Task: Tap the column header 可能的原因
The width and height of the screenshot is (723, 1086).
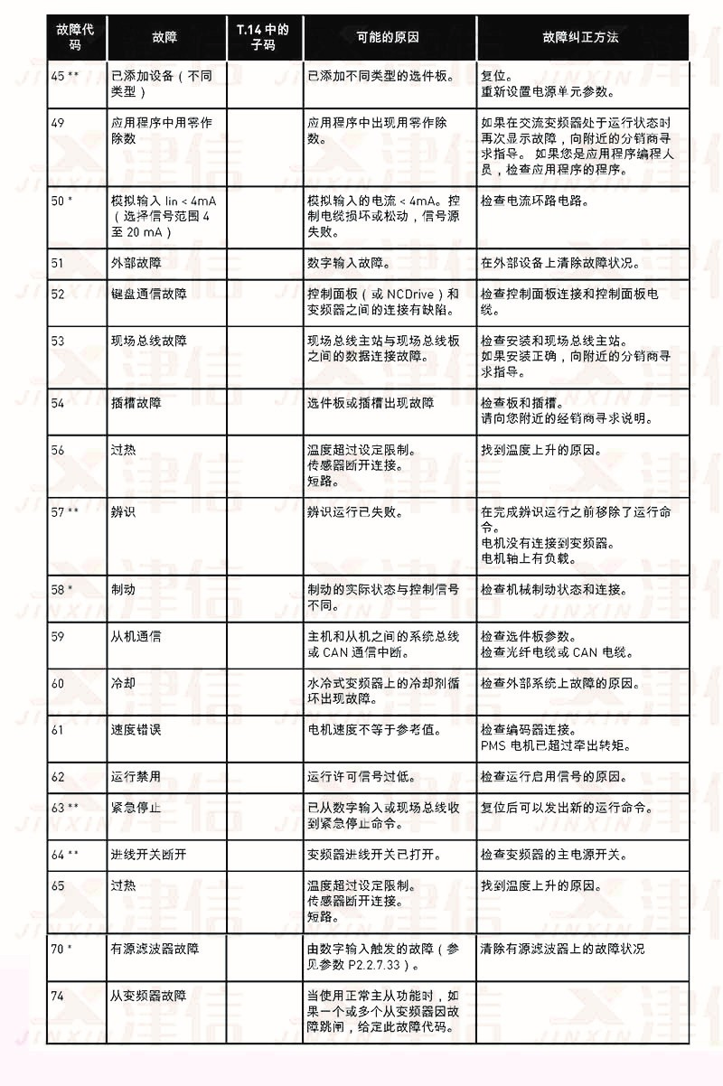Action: click(x=388, y=37)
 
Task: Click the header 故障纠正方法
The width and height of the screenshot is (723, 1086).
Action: click(x=580, y=37)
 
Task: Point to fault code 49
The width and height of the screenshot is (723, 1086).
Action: click(x=58, y=123)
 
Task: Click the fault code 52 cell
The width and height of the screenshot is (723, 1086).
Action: click(x=58, y=294)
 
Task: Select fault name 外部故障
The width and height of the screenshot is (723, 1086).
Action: click(x=136, y=263)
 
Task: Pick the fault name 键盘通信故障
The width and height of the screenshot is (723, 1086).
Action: click(x=149, y=294)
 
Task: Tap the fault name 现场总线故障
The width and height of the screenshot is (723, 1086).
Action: click(x=149, y=341)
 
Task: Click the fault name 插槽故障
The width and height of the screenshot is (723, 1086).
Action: click(x=136, y=402)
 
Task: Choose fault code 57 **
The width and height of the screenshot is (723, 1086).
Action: click(x=64, y=511)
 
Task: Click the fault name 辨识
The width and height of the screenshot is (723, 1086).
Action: click(x=123, y=511)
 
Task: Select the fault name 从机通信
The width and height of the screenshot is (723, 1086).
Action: click(x=136, y=636)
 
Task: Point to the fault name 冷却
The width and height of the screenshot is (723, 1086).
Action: click(x=123, y=683)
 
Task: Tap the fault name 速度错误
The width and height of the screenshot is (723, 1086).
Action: click(x=136, y=729)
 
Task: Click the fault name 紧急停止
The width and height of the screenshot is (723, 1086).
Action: click(x=136, y=807)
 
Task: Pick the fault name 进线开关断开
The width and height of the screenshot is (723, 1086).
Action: click(x=149, y=854)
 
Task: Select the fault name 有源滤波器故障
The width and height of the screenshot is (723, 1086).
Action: click(x=155, y=948)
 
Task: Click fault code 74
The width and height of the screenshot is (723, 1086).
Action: click(x=58, y=995)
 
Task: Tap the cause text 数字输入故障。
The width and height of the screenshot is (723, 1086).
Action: click(x=349, y=263)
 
